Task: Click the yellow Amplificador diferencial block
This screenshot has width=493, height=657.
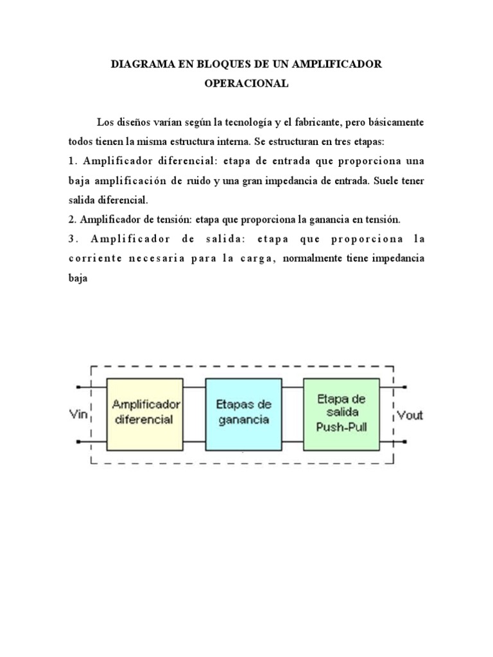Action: (146, 414)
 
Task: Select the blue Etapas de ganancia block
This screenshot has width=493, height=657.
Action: (243, 414)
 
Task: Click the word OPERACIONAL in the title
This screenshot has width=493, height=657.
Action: (246, 83)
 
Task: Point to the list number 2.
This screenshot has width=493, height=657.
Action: (71, 219)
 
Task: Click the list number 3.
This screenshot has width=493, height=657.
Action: (72, 239)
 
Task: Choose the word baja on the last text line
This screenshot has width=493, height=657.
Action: (77, 278)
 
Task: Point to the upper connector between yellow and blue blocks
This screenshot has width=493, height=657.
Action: (195, 387)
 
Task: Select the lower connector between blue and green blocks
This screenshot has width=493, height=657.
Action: (292, 442)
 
